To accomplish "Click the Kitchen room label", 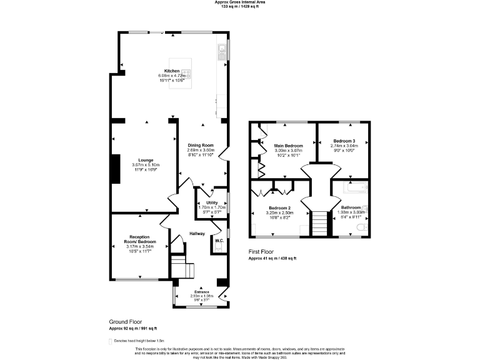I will [x=172, y=71].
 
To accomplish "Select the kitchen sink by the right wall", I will [x=222, y=52].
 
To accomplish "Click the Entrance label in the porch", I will [x=201, y=291].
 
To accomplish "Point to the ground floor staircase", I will [x=182, y=267].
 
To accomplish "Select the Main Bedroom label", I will [x=289, y=146].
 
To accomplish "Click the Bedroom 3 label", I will [x=344, y=141].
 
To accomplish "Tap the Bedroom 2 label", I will [x=281, y=207].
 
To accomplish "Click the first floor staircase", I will [x=319, y=224].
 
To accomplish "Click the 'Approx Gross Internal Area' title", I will [x=240, y=2].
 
